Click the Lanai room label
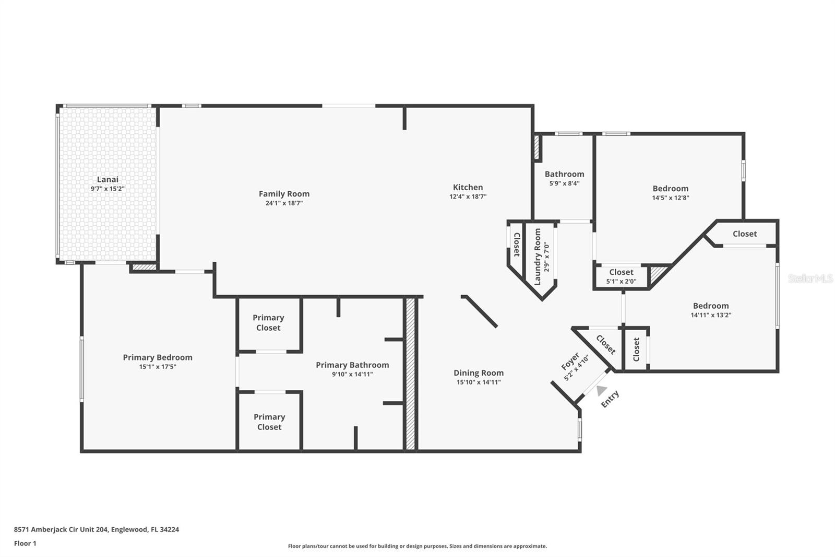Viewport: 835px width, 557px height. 108,179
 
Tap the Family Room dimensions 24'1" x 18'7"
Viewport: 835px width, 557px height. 284,203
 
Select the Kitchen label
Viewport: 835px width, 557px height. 468,187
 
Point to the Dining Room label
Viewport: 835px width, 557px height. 479,373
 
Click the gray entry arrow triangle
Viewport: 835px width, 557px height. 601,390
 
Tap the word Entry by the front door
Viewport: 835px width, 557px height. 610,399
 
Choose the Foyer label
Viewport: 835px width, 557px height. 570,361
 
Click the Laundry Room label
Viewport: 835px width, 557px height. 538,250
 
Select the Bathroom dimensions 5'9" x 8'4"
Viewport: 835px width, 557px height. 564,183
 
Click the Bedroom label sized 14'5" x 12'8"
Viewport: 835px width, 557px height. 670,189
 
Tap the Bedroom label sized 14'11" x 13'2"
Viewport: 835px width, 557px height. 711,306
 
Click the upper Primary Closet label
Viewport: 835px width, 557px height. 268,322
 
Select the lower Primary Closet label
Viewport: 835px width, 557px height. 269,422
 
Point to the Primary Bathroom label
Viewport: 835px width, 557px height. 352,365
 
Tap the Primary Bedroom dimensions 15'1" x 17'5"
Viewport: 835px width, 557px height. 158,367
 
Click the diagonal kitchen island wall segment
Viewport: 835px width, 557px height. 479,311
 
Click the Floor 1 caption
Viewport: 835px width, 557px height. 25,543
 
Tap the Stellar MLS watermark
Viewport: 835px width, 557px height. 810,278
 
